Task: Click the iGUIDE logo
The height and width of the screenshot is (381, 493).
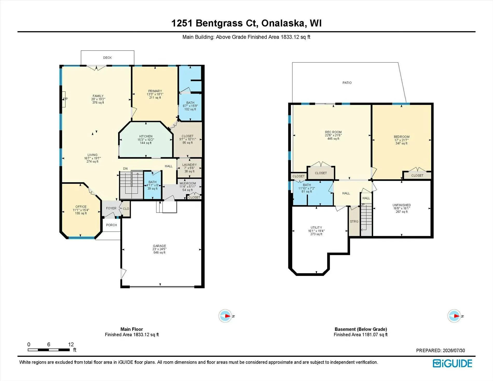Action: click(x=452, y=363)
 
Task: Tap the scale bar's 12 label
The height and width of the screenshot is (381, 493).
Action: click(x=71, y=344)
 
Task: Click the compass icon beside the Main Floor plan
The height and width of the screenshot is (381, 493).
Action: click(x=225, y=316)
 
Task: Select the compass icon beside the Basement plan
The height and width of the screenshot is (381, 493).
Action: click(x=454, y=316)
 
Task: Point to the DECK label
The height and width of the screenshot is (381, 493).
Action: click(x=107, y=58)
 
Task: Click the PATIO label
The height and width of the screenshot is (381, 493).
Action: click(x=347, y=83)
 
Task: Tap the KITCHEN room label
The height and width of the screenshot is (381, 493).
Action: click(x=146, y=136)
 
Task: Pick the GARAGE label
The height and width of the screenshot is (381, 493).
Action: click(x=159, y=246)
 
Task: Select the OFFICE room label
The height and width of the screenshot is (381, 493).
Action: click(x=81, y=207)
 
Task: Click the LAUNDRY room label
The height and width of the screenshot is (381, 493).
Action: click(x=189, y=165)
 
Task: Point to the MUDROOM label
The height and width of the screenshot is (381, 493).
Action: click(x=188, y=183)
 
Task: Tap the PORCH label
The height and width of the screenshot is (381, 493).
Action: click(x=111, y=225)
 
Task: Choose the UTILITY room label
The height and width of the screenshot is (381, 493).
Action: click(x=316, y=228)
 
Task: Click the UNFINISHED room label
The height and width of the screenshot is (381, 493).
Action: click(x=402, y=205)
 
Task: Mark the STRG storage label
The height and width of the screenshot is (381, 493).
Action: click(x=354, y=222)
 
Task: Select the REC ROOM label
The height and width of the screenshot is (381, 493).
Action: click(x=333, y=132)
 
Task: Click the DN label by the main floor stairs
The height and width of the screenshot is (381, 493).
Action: click(x=125, y=169)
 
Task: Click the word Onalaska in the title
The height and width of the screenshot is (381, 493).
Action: click(x=283, y=23)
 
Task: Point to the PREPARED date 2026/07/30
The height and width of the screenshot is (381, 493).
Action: click(x=454, y=350)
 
